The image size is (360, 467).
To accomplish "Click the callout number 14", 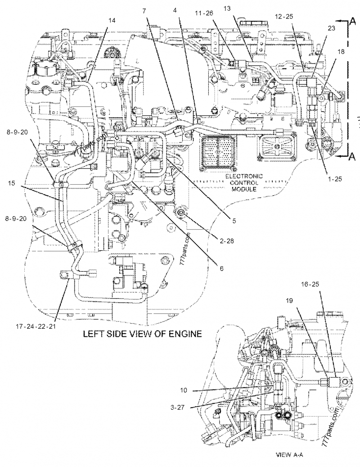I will point(112,21).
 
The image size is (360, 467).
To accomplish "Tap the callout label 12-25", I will point(283,16).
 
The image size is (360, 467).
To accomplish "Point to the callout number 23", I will point(331,28).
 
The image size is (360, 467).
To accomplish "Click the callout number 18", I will point(341,52).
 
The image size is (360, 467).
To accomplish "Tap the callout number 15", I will point(12,183).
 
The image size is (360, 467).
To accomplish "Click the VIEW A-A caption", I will point(289,455).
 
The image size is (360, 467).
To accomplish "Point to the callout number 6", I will point(221,268).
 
